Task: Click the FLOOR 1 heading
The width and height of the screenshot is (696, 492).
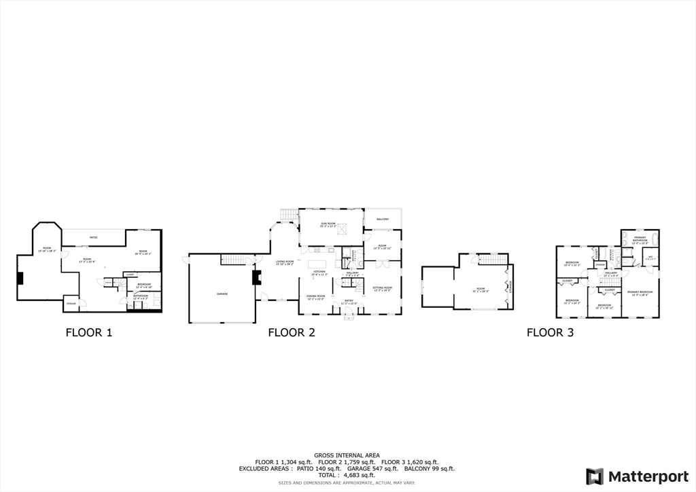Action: [88, 332]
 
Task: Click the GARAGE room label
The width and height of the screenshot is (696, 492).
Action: [222, 294]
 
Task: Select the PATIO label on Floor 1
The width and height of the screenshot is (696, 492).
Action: [94, 237]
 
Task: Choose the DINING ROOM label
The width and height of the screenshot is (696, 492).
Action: [314, 297]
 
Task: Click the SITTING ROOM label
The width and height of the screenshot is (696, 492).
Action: [383, 288]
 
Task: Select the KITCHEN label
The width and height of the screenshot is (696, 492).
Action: [319, 273]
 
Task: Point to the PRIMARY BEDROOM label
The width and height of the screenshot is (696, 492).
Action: [640, 294]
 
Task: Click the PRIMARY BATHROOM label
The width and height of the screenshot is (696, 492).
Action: [640, 239]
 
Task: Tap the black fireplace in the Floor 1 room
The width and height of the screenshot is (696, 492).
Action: [21, 277]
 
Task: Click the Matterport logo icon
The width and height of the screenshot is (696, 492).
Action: [595, 476]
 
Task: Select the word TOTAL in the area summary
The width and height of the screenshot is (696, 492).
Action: [327, 475]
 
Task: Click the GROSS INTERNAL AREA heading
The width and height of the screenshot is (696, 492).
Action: [347, 455]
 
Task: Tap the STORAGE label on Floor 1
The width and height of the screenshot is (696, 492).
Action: [71, 303]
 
